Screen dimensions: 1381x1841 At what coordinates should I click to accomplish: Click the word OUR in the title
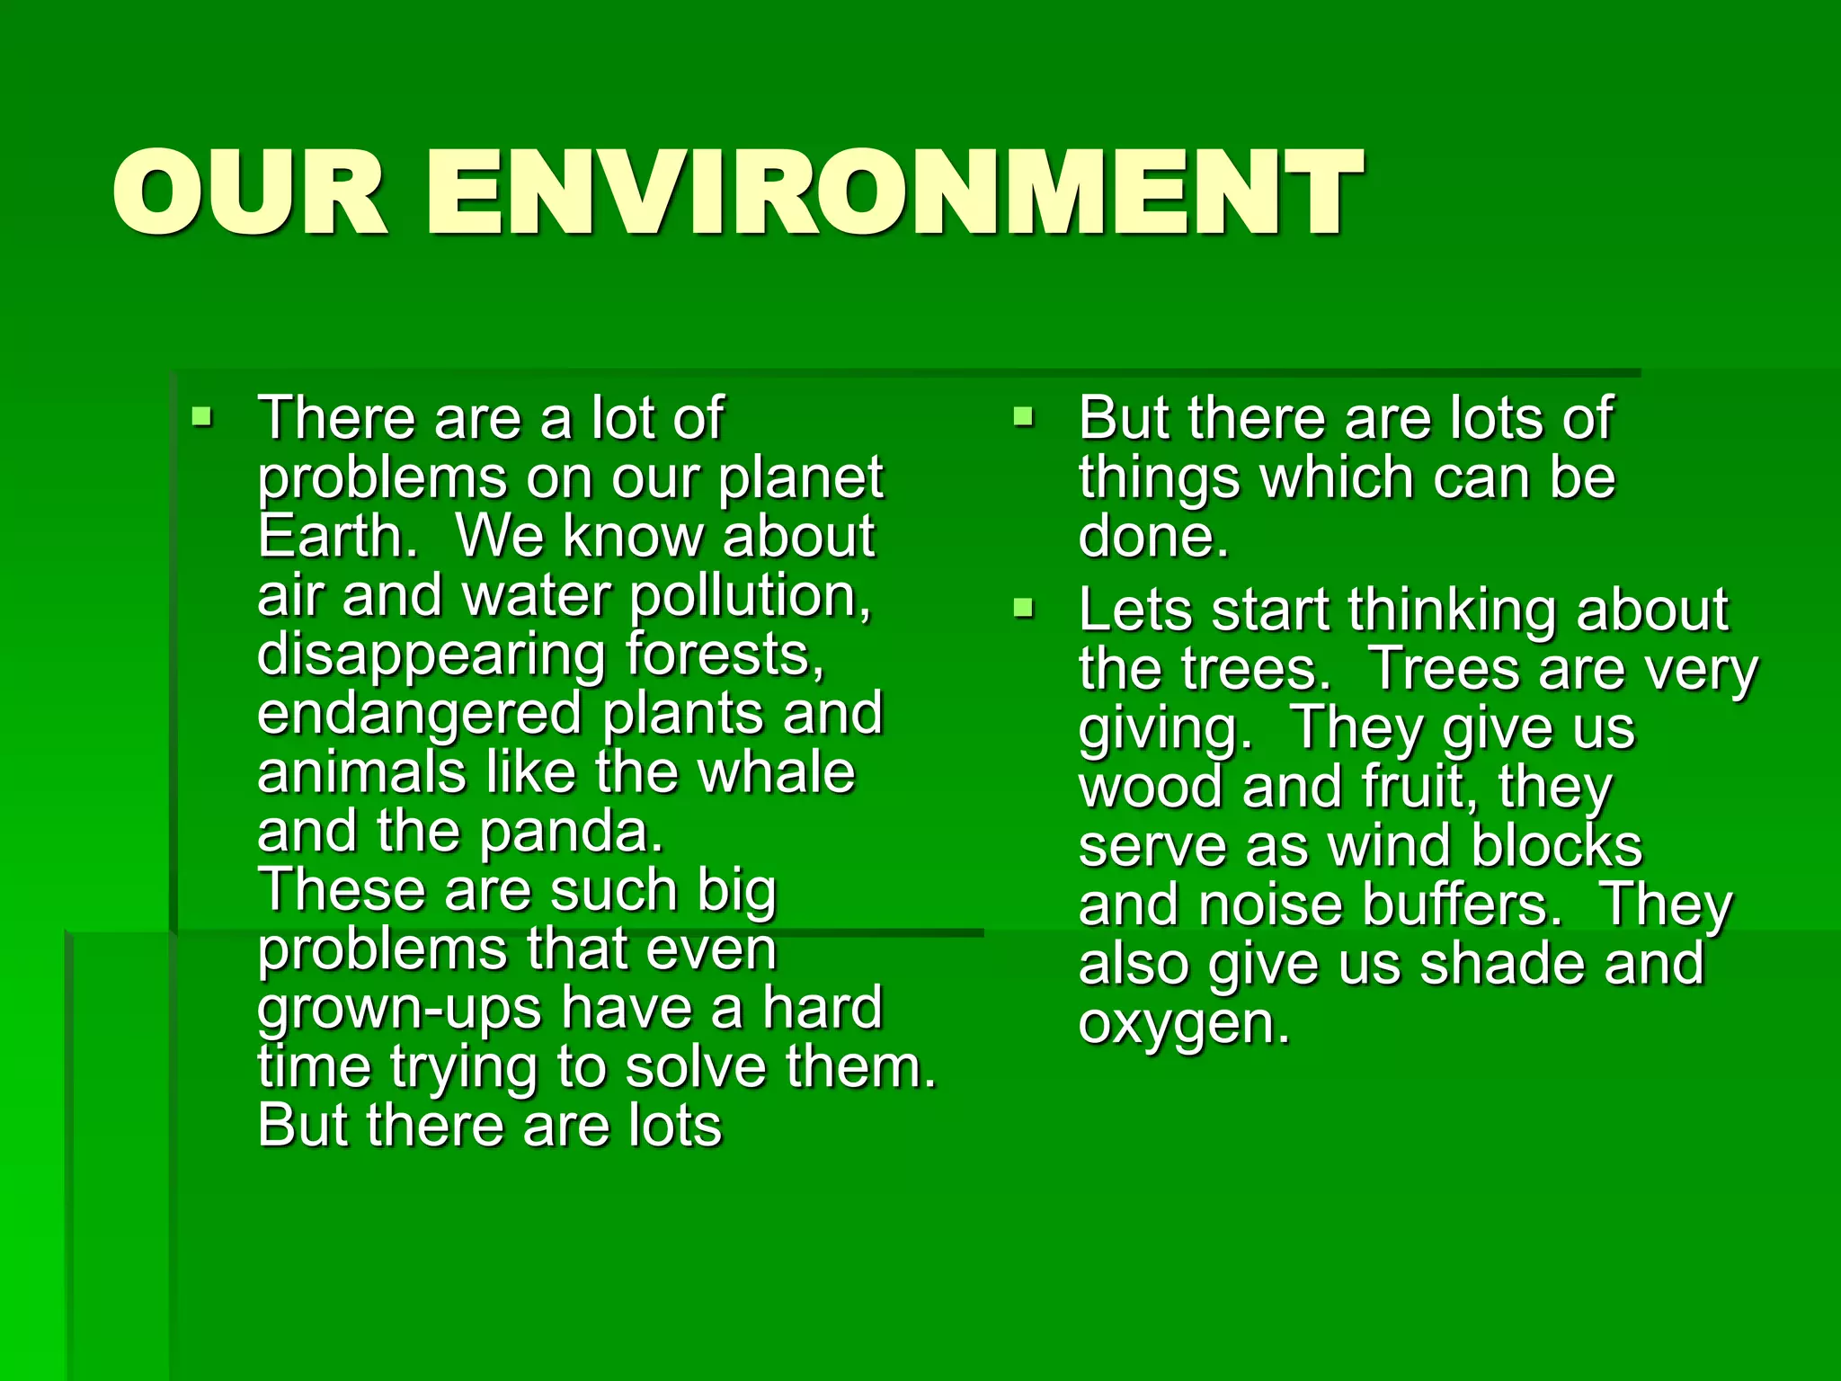click(x=250, y=193)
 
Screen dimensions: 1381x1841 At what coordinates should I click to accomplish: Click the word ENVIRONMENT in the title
click(x=894, y=193)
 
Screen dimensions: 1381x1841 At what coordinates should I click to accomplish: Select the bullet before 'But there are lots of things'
click(x=1023, y=417)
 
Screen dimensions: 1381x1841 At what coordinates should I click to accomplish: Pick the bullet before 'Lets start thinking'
click(x=1023, y=610)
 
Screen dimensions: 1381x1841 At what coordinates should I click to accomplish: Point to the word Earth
click(x=337, y=537)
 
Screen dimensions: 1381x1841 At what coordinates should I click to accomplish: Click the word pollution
click(x=750, y=597)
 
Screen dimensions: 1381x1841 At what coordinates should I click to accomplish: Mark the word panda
click(x=572, y=833)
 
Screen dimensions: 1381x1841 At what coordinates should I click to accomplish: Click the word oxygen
click(x=1184, y=1024)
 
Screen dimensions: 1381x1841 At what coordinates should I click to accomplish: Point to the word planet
click(x=800, y=478)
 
